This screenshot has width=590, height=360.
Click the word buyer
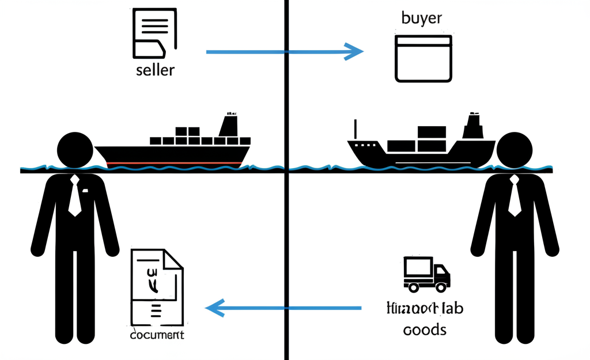(422, 17)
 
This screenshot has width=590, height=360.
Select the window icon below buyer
(423, 59)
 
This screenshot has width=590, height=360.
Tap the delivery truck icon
(426, 273)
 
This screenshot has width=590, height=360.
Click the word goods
(425, 330)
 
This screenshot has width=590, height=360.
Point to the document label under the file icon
(157, 335)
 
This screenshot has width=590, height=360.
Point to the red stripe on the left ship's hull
(173, 163)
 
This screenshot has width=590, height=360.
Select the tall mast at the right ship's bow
(355, 130)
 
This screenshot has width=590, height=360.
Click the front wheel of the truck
(441, 286)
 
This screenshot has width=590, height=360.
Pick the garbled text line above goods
(425, 308)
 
